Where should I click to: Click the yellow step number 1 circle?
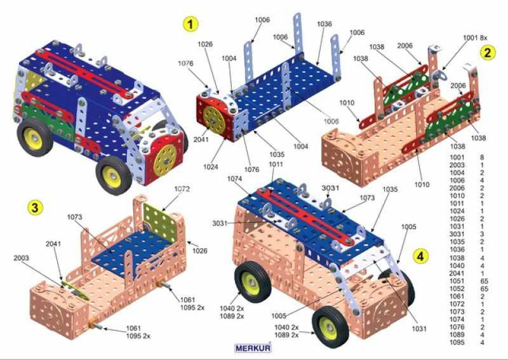pyautogui.click(x=190, y=24)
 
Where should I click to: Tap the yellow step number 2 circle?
pyautogui.click(x=488, y=53)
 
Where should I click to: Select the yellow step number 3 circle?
pyautogui.click(x=35, y=207)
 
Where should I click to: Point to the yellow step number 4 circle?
pyautogui.click(x=420, y=257)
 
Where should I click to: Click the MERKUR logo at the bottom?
pyautogui.click(x=253, y=349)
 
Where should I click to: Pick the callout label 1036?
pyautogui.click(x=324, y=23)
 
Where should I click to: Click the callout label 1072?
pyautogui.click(x=182, y=189)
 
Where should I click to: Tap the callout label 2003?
pyautogui.click(x=21, y=258)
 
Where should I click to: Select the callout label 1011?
pyautogui.click(x=276, y=164)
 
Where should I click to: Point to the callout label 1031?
pyautogui.click(x=419, y=328)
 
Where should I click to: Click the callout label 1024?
pyautogui.click(x=211, y=167)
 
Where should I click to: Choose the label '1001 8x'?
pyautogui.click(x=475, y=37)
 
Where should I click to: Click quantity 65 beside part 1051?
pyautogui.click(x=485, y=281)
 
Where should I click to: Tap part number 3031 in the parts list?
pyautogui.click(x=457, y=234)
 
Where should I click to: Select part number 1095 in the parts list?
pyautogui.click(x=457, y=342)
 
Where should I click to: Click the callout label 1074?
pyautogui.click(x=235, y=178)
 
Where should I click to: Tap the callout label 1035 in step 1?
pyautogui.click(x=277, y=154)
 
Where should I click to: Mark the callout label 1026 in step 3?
pyautogui.click(x=199, y=251)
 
